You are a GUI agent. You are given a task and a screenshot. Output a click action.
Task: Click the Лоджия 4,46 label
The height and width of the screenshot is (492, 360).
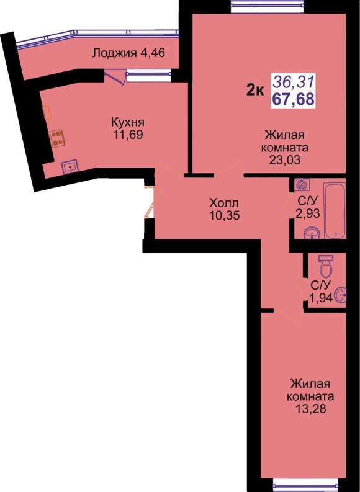[128, 53]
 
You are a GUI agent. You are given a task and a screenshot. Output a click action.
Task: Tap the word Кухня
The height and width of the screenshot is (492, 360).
[128, 122]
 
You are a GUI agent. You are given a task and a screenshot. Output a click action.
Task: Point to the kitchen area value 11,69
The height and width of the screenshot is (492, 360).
[128, 135]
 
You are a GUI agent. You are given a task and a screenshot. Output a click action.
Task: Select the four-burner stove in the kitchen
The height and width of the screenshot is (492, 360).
[57, 138]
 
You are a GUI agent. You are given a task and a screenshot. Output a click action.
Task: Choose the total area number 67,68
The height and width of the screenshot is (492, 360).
[293, 99]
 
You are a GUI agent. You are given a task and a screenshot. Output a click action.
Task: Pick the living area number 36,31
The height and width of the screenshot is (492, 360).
[293, 83]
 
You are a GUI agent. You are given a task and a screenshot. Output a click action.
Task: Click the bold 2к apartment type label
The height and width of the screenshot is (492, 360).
[255, 91]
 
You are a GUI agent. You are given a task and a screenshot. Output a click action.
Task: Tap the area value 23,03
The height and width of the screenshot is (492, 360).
[284, 160]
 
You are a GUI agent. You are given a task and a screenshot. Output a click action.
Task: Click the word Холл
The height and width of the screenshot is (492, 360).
[224, 203]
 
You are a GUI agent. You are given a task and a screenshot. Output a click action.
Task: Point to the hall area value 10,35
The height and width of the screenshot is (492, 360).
[224, 215]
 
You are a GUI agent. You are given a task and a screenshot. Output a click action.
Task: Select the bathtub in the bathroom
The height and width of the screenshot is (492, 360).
[335, 211]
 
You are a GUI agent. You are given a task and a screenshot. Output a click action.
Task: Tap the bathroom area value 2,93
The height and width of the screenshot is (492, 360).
[308, 213]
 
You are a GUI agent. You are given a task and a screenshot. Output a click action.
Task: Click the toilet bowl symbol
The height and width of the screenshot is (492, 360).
[326, 266]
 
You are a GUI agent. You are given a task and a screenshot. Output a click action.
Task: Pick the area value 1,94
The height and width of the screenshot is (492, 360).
[321, 297]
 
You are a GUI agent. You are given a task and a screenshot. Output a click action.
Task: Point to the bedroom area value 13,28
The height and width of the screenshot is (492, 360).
[310, 409]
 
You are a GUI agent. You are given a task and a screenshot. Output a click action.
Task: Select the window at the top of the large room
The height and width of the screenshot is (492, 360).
[268, 7]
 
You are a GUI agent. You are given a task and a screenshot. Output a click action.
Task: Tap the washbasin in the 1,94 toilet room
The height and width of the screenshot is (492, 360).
[341, 295]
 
